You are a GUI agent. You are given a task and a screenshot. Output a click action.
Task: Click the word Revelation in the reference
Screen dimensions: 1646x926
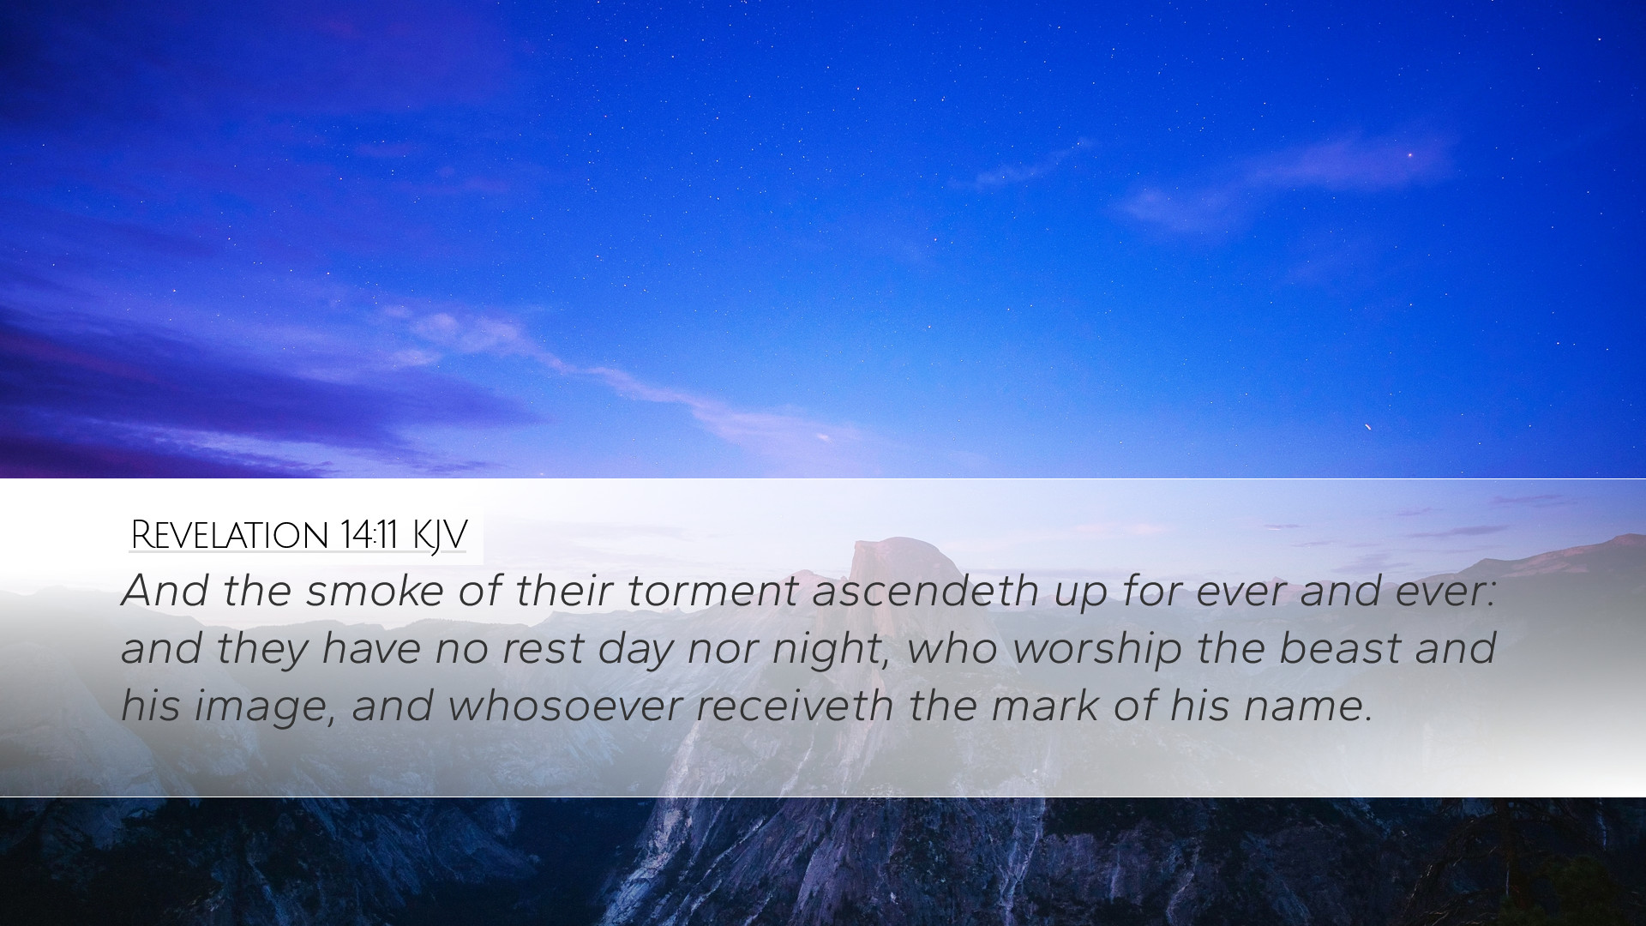click(x=229, y=536)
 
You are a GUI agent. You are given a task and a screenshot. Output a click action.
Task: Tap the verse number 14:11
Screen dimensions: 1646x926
click(x=368, y=536)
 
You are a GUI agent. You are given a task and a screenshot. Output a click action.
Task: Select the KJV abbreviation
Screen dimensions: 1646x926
click(x=439, y=537)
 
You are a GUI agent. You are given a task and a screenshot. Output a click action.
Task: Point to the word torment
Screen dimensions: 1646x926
click(x=712, y=591)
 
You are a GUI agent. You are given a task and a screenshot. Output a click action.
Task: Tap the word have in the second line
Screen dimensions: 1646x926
click(x=371, y=648)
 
